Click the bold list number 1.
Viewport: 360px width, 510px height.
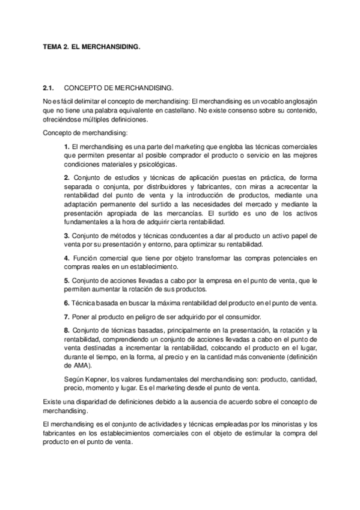coord(66,147)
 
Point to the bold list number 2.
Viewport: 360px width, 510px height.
coord(66,177)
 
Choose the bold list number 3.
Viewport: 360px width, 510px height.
coord(66,235)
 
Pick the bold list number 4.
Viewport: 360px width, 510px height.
coord(66,258)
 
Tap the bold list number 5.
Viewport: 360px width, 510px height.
coord(66,281)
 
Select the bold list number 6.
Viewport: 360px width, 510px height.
coord(66,303)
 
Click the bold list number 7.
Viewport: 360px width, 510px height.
coord(66,317)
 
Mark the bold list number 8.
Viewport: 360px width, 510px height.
coord(66,330)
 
